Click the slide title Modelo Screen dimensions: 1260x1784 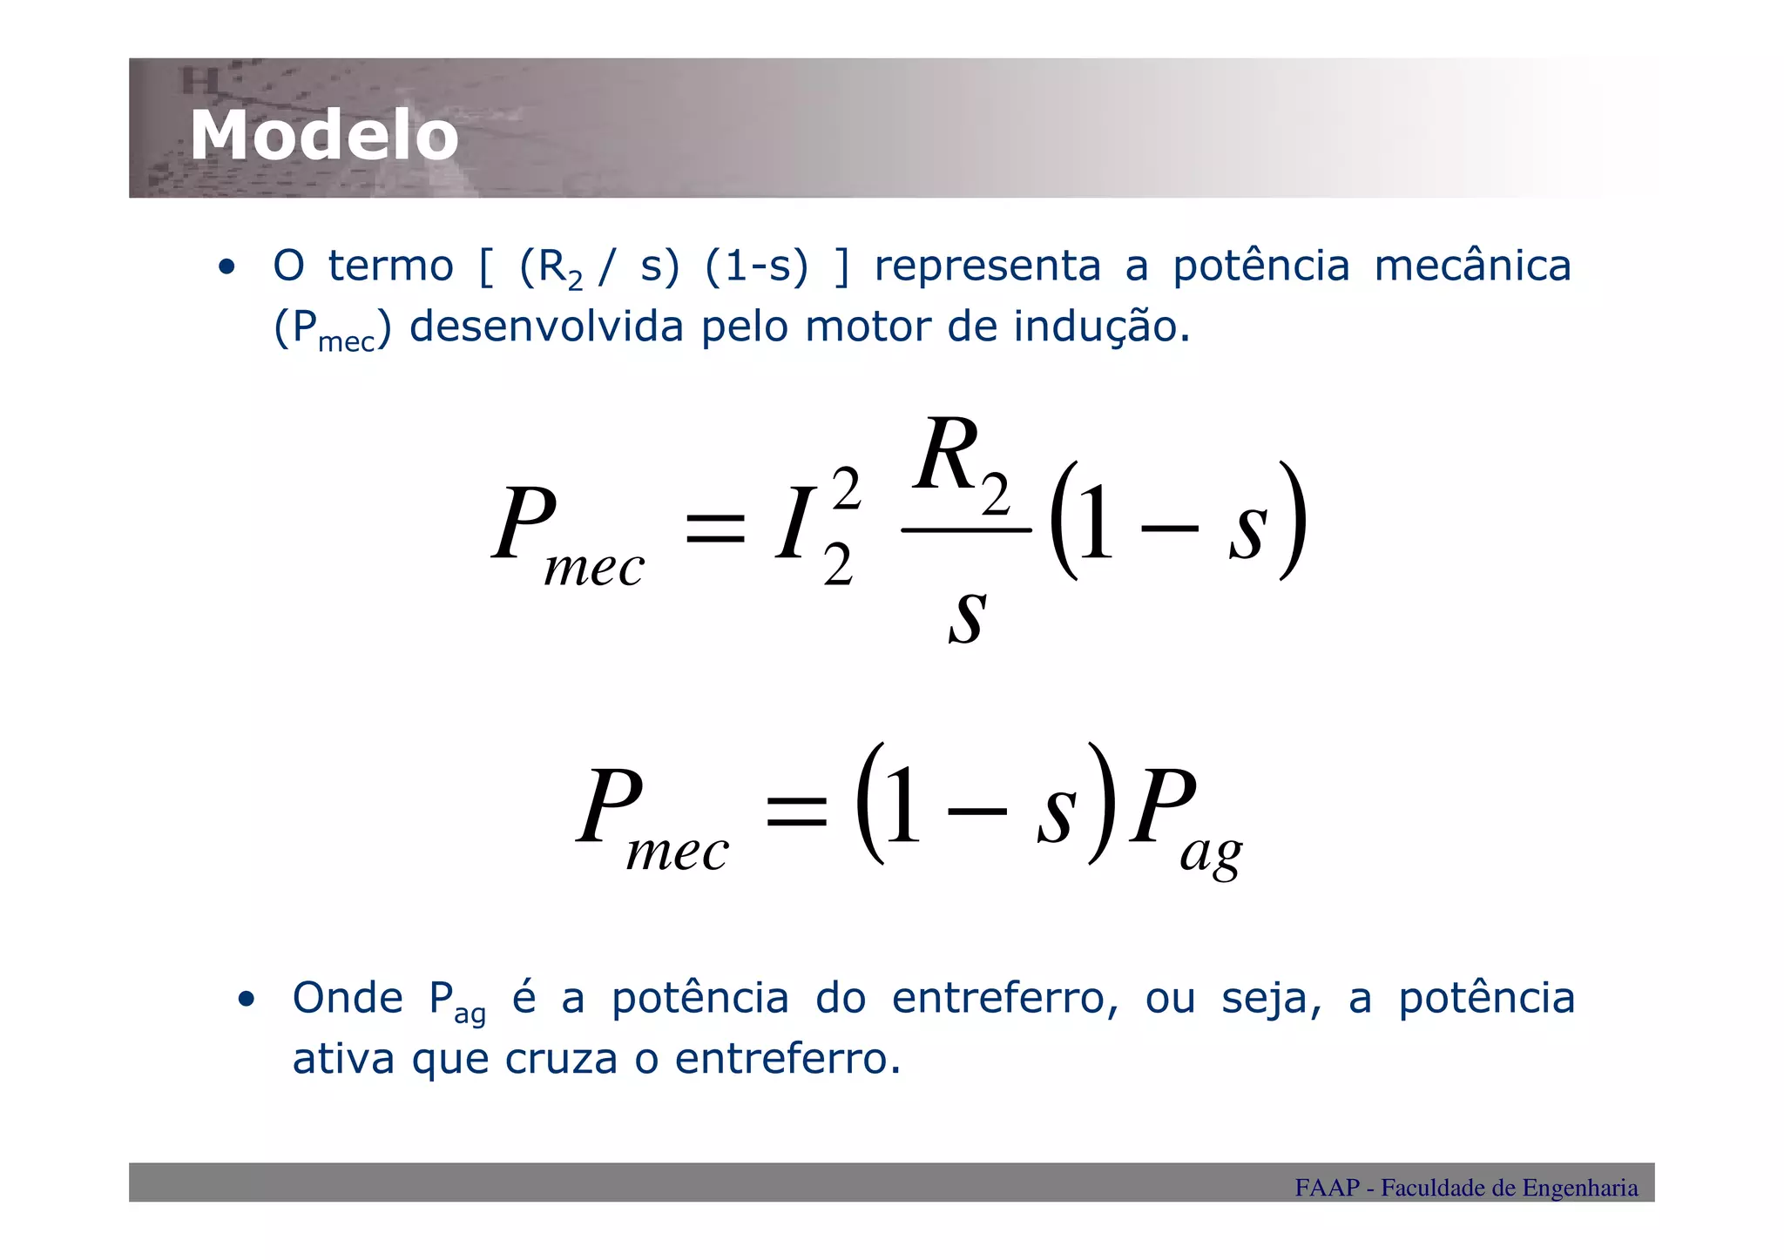324,136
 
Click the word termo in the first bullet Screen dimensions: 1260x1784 390,266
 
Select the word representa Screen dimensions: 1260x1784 987,266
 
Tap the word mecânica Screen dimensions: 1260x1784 1472,266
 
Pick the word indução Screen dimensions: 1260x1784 1100,327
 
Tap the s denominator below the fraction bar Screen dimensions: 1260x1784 967,615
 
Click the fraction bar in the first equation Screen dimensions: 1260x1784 966,529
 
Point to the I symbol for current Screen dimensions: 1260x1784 794,525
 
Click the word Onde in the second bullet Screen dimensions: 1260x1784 348,999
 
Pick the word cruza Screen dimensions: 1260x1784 561,1060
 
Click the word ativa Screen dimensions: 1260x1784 343,1060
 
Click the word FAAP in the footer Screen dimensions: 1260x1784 1327,1188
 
